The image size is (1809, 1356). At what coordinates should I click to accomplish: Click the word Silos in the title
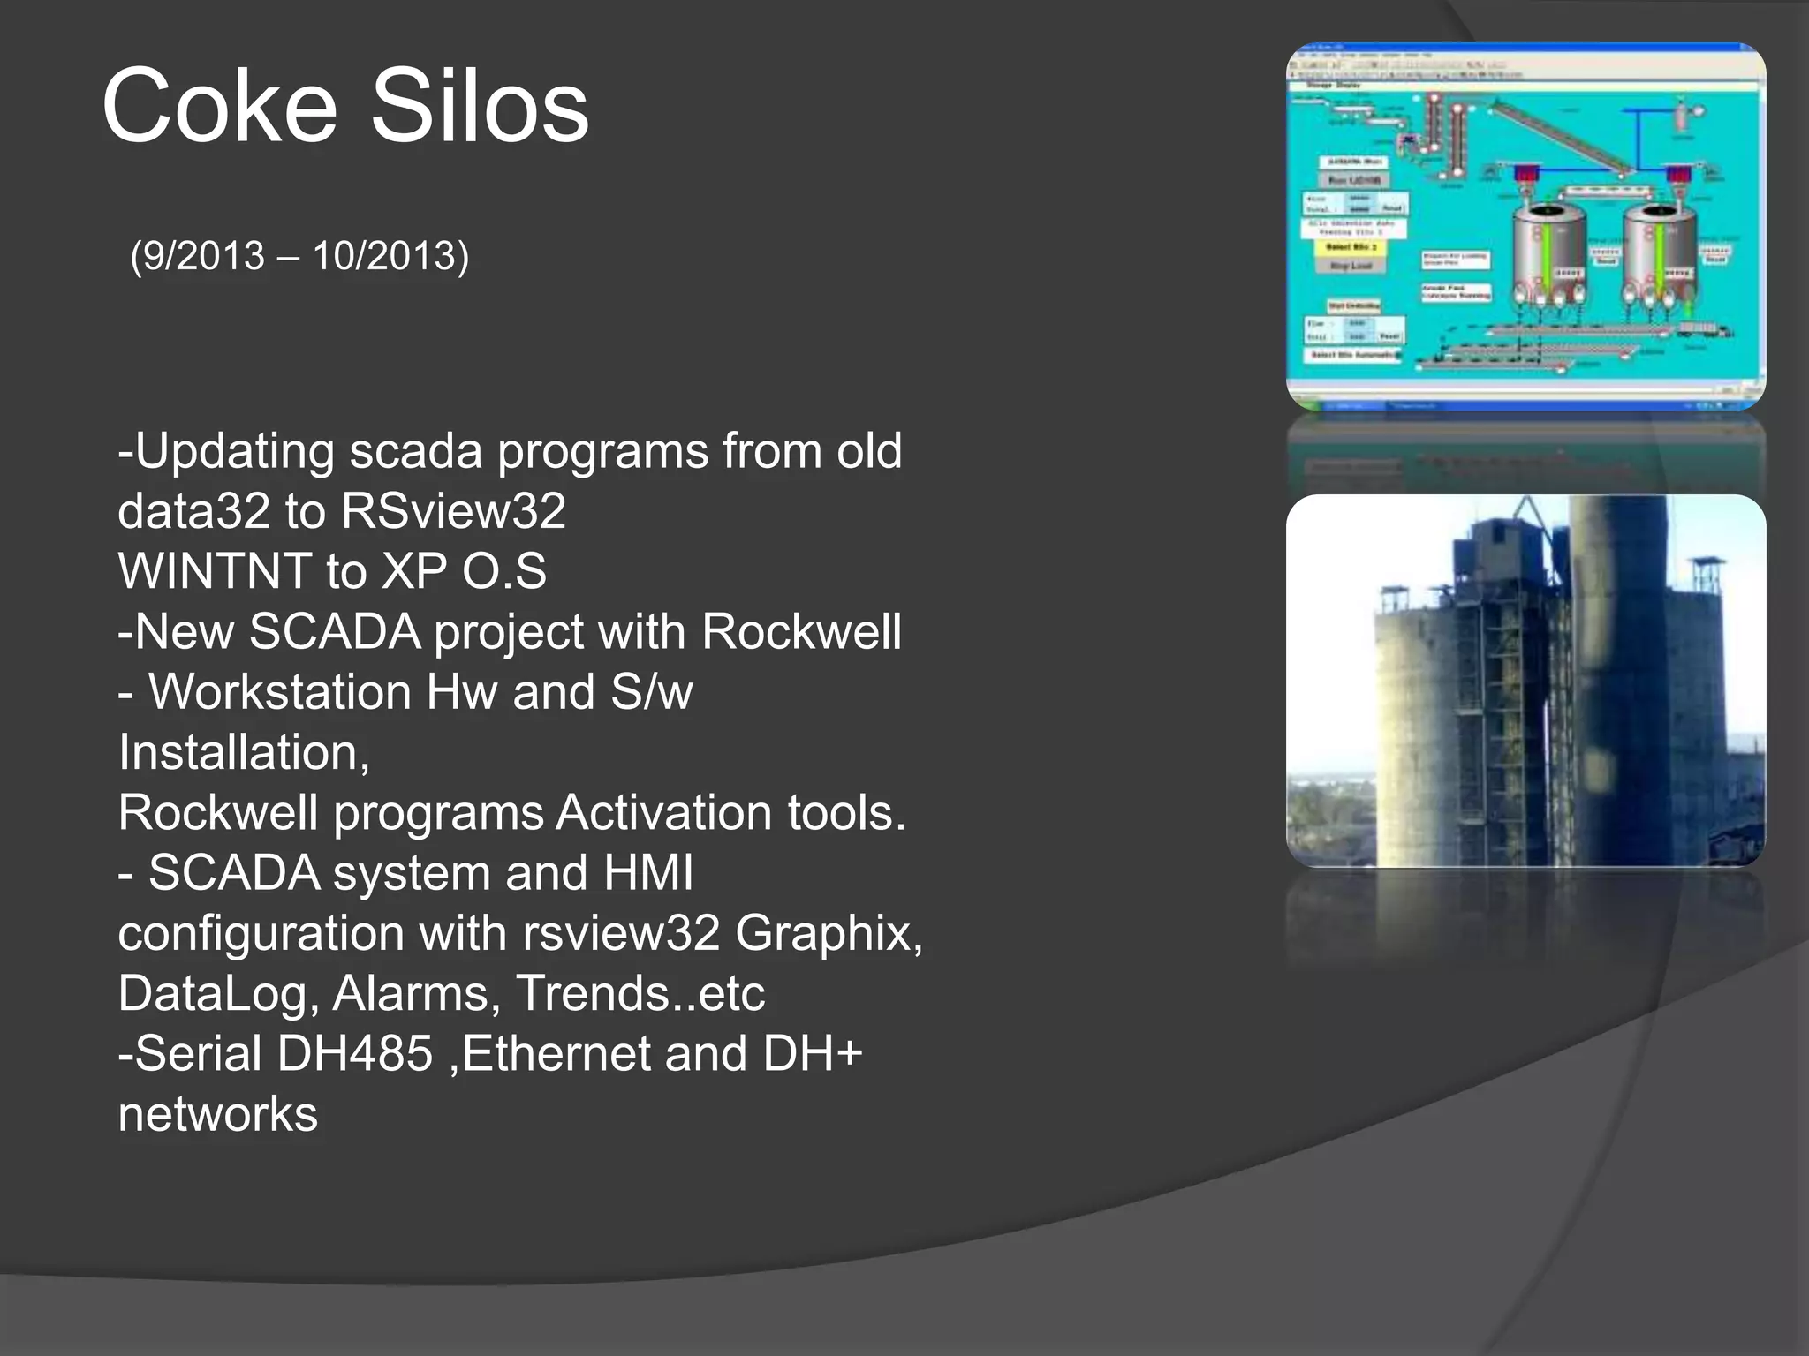coord(479,108)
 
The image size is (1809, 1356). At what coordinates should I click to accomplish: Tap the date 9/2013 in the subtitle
coord(203,256)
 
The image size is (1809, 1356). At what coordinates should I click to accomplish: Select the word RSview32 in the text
coord(453,511)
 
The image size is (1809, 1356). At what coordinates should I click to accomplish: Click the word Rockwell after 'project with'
coord(801,632)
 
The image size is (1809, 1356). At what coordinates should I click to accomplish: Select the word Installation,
coord(244,752)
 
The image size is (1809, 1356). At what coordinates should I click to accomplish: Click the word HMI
coord(647,873)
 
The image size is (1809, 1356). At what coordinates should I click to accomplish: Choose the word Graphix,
coord(829,933)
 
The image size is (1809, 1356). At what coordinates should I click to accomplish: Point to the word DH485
coord(354,1054)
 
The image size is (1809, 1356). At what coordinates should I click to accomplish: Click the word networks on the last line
coord(217,1114)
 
